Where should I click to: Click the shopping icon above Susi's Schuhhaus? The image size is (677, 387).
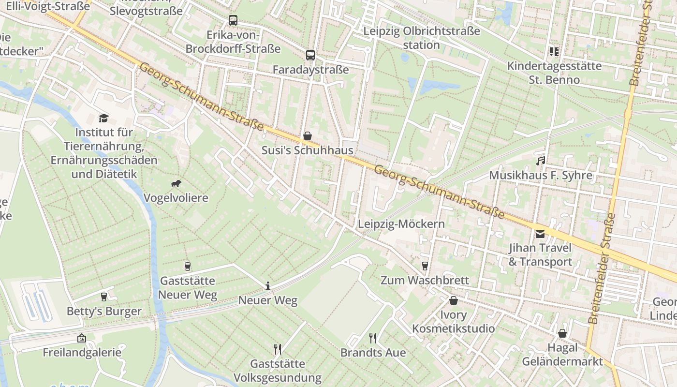[308, 136]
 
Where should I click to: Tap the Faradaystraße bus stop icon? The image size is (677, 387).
[310, 55]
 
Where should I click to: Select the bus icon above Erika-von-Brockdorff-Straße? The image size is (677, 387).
[233, 20]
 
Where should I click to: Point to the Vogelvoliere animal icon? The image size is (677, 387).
[176, 184]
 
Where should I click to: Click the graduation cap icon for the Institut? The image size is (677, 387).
[103, 118]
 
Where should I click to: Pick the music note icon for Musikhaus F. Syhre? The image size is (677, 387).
[541, 161]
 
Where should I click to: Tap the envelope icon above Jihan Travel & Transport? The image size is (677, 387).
[540, 234]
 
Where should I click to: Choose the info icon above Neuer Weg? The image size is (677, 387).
[268, 286]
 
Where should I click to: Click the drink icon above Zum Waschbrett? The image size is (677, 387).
[425, 266]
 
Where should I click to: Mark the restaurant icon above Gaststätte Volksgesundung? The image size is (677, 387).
[278, 349]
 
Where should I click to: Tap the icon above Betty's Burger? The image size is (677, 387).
[104, 297]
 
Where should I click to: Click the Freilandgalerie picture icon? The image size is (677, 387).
[82, 338]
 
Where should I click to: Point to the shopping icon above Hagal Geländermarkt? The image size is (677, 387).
[562, 333]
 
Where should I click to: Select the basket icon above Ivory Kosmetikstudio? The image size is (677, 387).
[454, 301]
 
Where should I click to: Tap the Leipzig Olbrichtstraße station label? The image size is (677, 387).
[422, 38]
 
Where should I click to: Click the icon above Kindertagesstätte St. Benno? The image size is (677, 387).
[554, 51]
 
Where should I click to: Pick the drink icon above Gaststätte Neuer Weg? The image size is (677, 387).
[188, 267]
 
